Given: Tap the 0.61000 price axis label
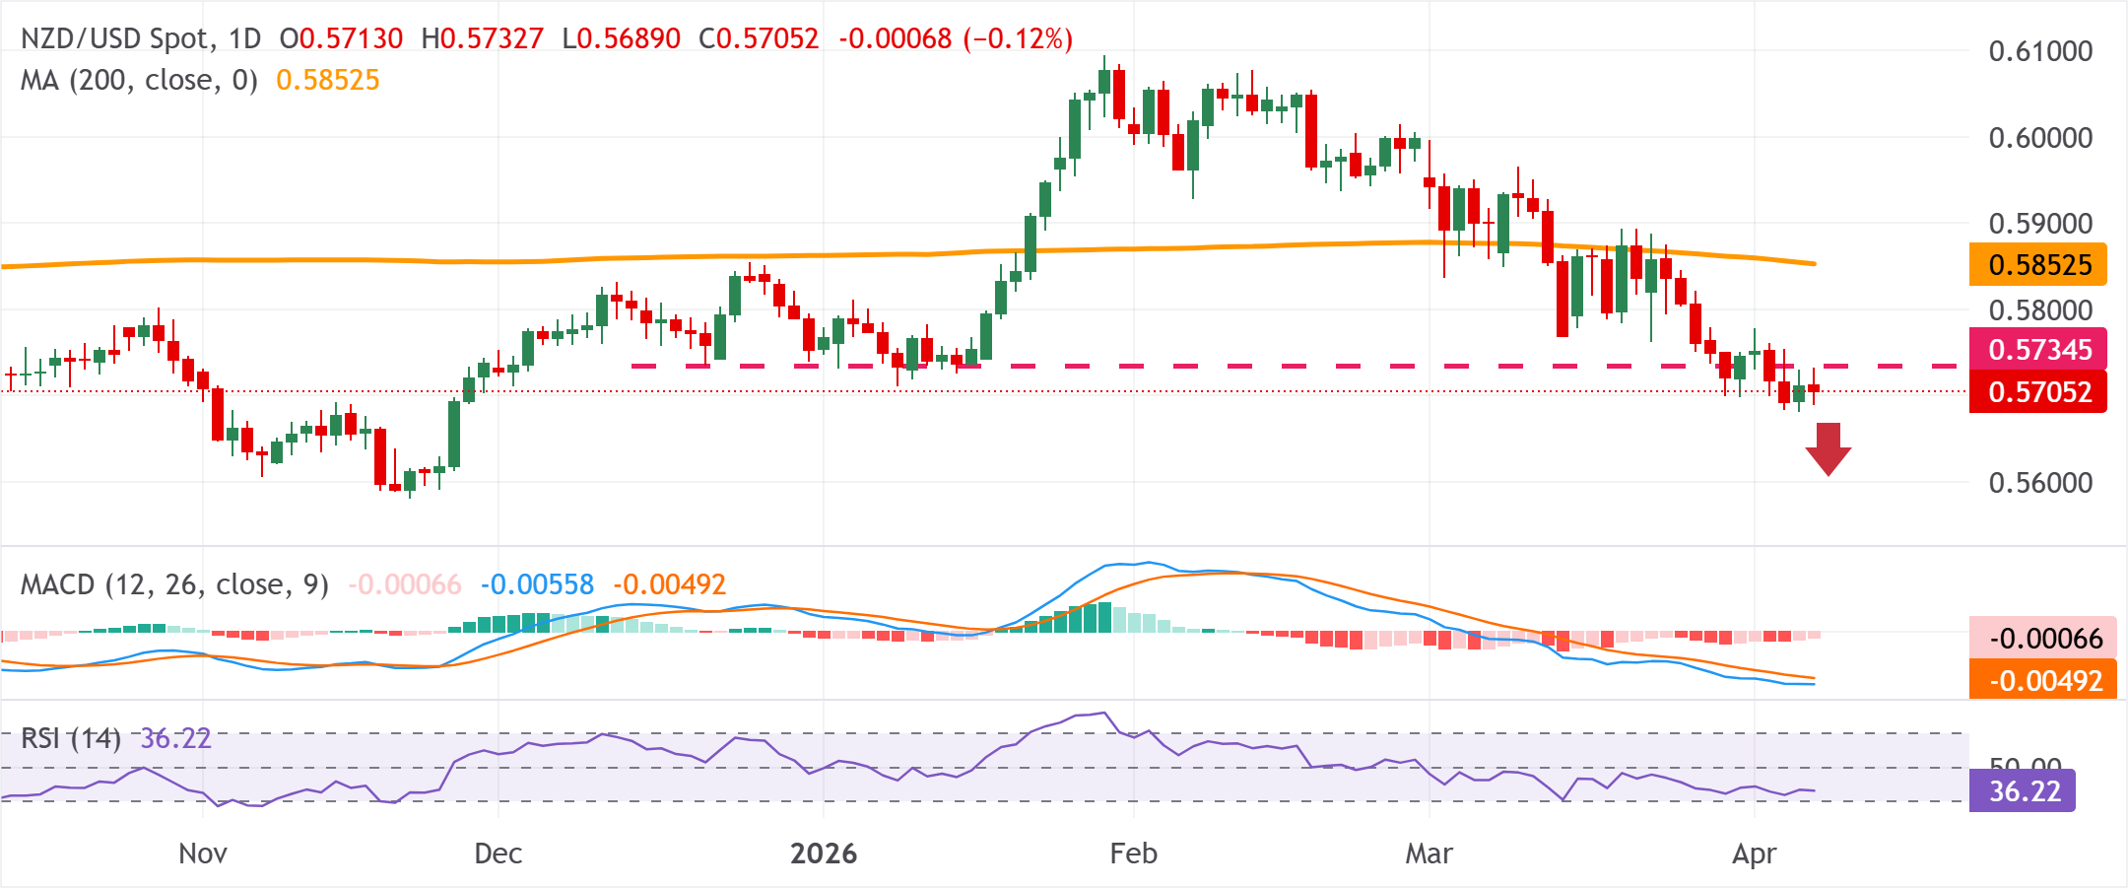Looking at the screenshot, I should pos(2040,51).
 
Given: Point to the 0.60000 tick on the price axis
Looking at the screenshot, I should pos(2040,138).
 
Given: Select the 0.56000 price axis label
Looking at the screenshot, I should pos(2040,483).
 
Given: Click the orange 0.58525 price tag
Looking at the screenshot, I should pos(2037,265).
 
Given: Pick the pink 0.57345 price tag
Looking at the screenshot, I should pos(2037,349).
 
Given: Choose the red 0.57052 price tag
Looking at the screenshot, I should pos(2037,392).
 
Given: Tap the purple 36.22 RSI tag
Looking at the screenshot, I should pos(2023,791).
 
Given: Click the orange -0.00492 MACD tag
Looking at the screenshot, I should pos(2041,681).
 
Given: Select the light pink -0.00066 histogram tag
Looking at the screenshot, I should pos(2041,639).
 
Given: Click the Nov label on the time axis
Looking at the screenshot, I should pos(203,854).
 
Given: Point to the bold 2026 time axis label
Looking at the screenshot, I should pos(824,854).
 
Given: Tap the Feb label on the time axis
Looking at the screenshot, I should pos(1133,854).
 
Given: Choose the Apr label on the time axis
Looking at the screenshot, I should pos(1754,854).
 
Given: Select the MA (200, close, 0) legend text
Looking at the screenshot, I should pos(139,81).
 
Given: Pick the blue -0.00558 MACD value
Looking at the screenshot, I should pos(537,585).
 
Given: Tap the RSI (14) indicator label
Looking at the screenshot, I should pos(71,738).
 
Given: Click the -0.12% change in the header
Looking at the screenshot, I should pos(1018,39).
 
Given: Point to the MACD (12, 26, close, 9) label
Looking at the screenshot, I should pos(174,585).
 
